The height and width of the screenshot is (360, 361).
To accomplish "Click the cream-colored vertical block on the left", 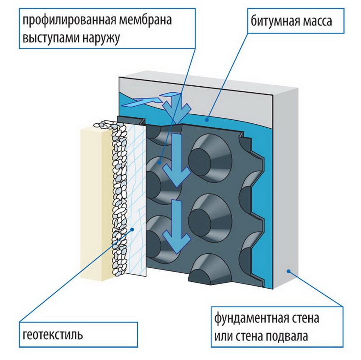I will coord(94,204).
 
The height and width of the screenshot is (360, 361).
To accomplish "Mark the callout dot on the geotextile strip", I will coord(133,229).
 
